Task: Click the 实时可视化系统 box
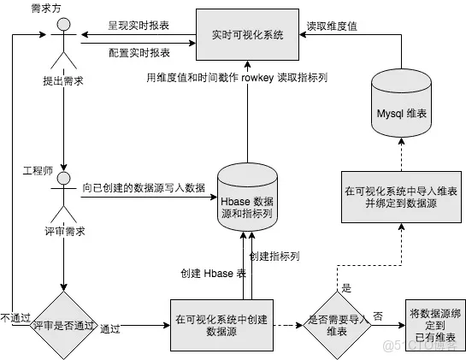point(247,34)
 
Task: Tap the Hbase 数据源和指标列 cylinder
point(247,197)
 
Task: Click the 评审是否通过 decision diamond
point(63,325)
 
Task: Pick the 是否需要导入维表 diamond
point(337,325)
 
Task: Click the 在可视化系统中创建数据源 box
point(221,325)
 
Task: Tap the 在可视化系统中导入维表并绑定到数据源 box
point(401,197)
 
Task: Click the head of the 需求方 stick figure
point(63,24)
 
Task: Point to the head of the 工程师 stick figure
point(63,178)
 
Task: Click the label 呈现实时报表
point(139,26)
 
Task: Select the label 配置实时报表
point(139,53)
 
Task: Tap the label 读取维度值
point(332,27)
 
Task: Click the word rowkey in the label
point(257,78)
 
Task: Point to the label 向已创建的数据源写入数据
point(144,188)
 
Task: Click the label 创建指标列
point(274,257)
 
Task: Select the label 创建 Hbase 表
point(214,274)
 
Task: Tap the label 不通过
point(15,318)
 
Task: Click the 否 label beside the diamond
point(378,316)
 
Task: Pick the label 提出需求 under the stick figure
point(63,81)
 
